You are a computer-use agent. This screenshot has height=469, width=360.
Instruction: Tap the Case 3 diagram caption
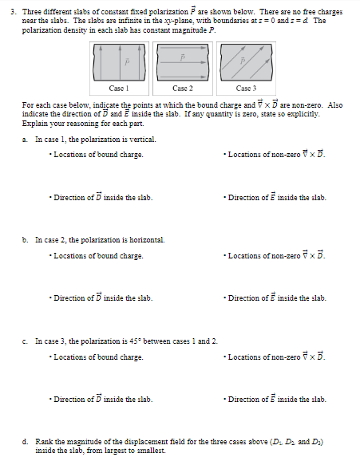pos(246,89)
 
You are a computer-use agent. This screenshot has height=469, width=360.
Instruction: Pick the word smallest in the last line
pos(151,450)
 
